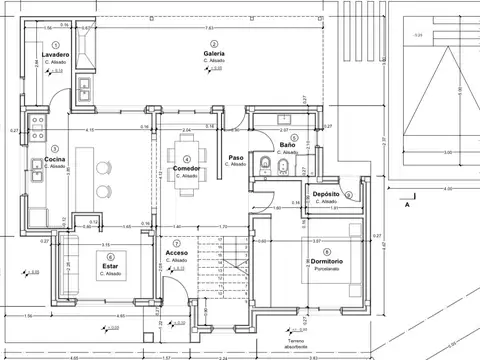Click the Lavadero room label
(55, 54)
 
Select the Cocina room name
(55, 159)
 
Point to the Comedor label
(186, 169)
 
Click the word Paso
(236, 158)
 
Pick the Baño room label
(287, 146)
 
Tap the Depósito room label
(326, 194)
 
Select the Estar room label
(111, 267)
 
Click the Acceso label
(177, 253)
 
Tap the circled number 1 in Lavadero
(55, 45)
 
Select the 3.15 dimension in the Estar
(105, 243)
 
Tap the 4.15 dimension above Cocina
(90, 130)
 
